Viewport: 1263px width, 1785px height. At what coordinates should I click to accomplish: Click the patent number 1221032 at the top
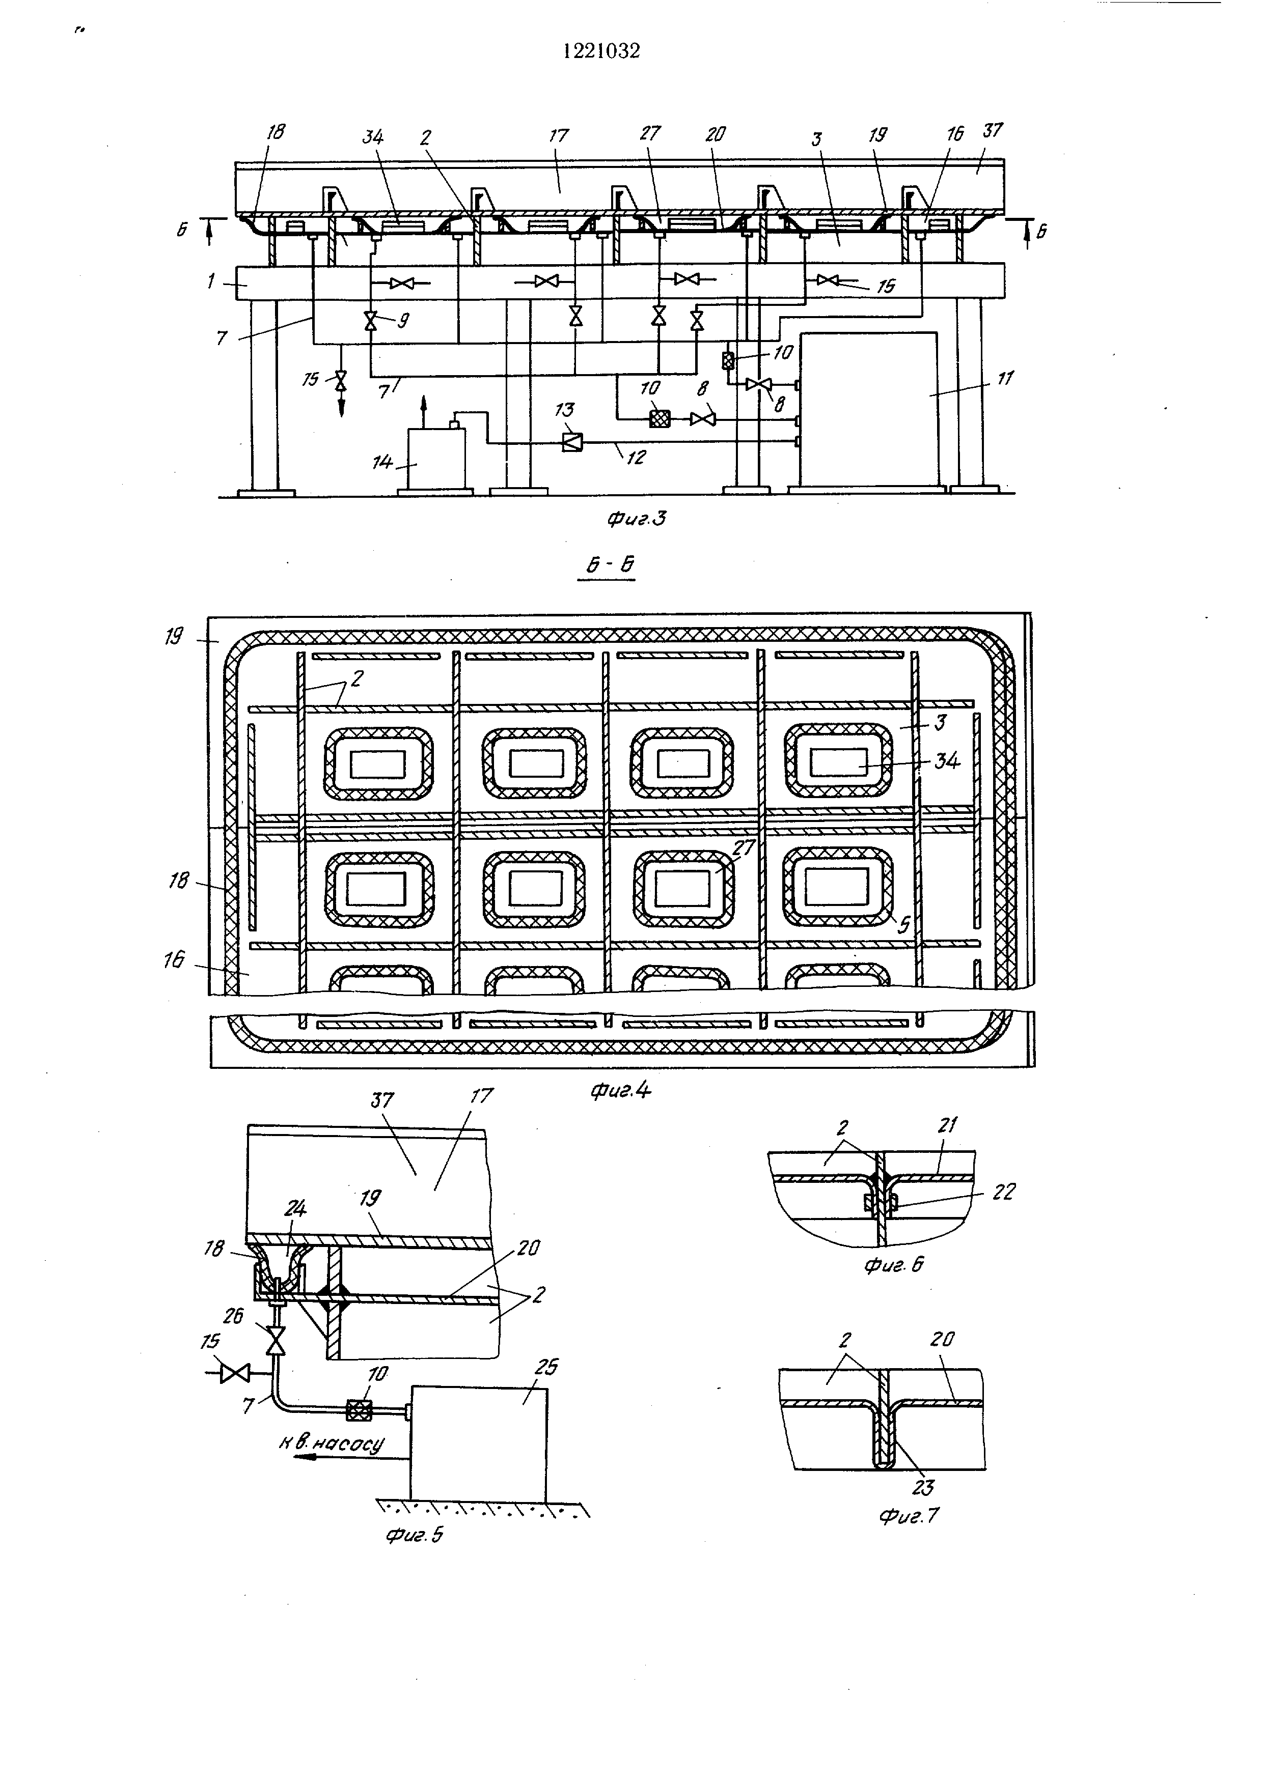(601, 51)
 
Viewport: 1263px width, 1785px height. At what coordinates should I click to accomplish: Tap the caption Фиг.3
(636, 519)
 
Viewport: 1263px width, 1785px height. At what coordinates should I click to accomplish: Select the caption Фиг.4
(621, 1091)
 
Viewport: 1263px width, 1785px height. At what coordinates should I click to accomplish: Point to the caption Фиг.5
(415, 1535)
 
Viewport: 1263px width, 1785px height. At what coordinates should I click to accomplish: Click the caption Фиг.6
(894, 1266)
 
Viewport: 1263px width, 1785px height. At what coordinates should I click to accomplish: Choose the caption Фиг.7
(909, 1516)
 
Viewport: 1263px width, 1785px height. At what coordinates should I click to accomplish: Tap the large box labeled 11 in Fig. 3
(869, 410)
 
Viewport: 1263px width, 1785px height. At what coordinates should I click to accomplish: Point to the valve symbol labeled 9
(370, 320)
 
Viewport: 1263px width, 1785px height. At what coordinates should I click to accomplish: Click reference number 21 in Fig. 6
(947, 1125)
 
